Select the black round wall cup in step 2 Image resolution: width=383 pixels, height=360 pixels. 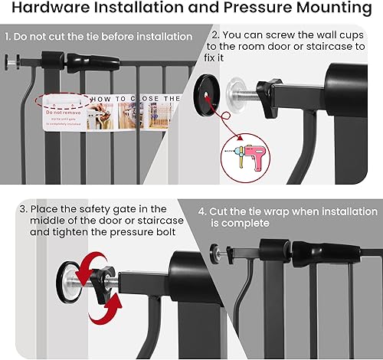(207, 91)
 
